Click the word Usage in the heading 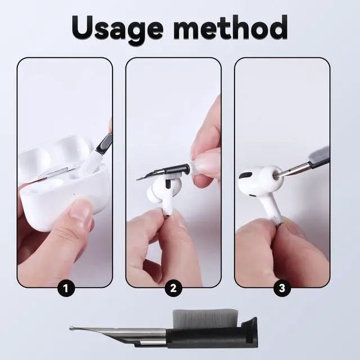118,28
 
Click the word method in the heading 231,27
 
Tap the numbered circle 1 66,288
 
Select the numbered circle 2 173,288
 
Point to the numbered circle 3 282,288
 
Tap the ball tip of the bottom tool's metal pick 71,328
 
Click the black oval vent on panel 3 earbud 245,175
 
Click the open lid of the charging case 55,154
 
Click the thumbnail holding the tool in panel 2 206,160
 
